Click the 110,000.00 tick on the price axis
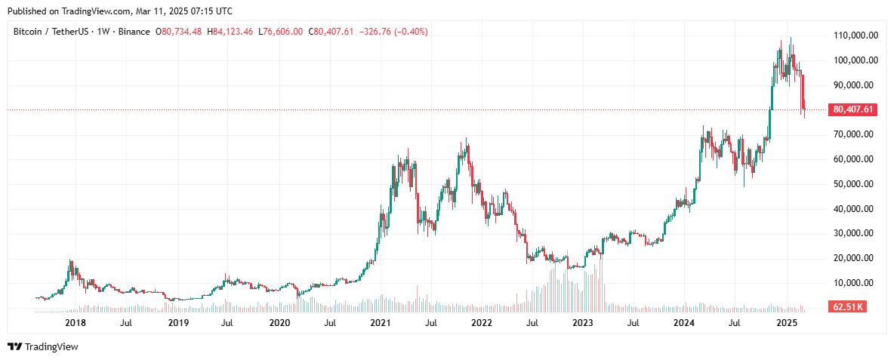[851, 35]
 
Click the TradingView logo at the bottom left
[43, 346]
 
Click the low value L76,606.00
[281, 32]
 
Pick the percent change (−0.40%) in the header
[411, 32]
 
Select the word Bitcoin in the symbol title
[26, 32]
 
